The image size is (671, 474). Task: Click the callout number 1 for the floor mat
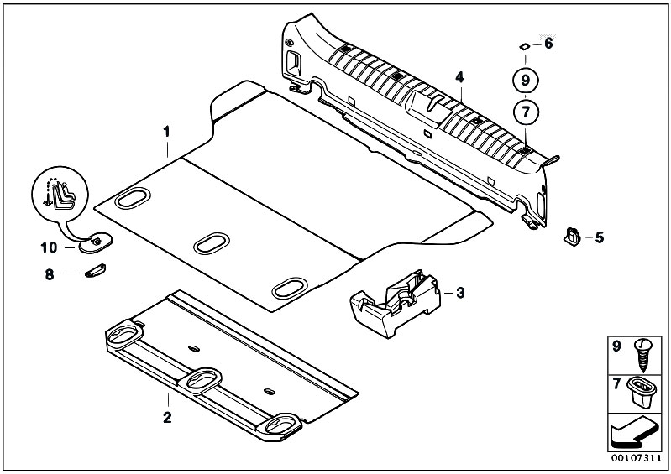(166, 132)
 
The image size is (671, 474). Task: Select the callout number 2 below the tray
(167, 417)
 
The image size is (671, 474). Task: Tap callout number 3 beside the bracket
(460, 293)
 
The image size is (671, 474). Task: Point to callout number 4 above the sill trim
(459, 77)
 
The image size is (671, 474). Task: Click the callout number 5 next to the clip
(600, 237)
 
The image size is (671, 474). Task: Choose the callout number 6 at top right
(548, 44)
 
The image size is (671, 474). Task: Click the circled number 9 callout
(526, 80)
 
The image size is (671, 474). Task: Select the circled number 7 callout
(526, 112)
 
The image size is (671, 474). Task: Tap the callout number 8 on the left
(50, 274)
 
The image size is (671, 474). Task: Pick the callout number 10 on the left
(49, 247)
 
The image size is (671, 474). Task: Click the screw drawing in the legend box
(642, 355)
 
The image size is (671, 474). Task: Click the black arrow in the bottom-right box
(633, 435)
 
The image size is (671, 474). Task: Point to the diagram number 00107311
(636, 458)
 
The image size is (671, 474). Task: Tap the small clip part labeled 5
(572, 237)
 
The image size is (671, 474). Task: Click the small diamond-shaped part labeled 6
(523, 47)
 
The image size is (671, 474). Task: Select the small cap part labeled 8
(95, 270)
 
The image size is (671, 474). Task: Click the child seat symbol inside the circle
(60, 195)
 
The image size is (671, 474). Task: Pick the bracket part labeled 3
(395, 303)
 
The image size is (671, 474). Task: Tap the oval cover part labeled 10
(96, 242)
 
